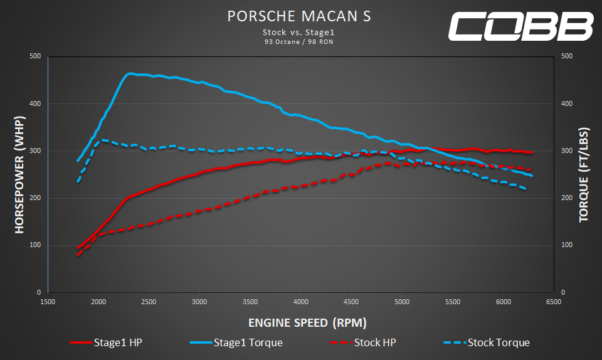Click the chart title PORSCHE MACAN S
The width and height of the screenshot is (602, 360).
point(299,16)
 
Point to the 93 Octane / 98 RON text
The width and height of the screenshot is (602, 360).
point(299,42)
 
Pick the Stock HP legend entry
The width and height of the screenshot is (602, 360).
point(362,342)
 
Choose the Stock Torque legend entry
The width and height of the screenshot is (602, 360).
point(487,342)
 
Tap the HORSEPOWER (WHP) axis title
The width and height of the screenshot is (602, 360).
point(19,174)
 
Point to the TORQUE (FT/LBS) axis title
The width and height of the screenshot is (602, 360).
point(583,174)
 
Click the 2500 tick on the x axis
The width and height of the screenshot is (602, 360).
point(149,302)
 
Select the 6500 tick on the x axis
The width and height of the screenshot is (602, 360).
point(553,302)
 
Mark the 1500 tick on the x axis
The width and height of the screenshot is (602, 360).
point(48,302)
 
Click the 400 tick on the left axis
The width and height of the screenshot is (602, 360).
point(35,103)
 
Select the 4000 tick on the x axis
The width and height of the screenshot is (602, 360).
point(300,302)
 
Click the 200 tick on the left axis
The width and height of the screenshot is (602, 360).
point(35,198)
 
